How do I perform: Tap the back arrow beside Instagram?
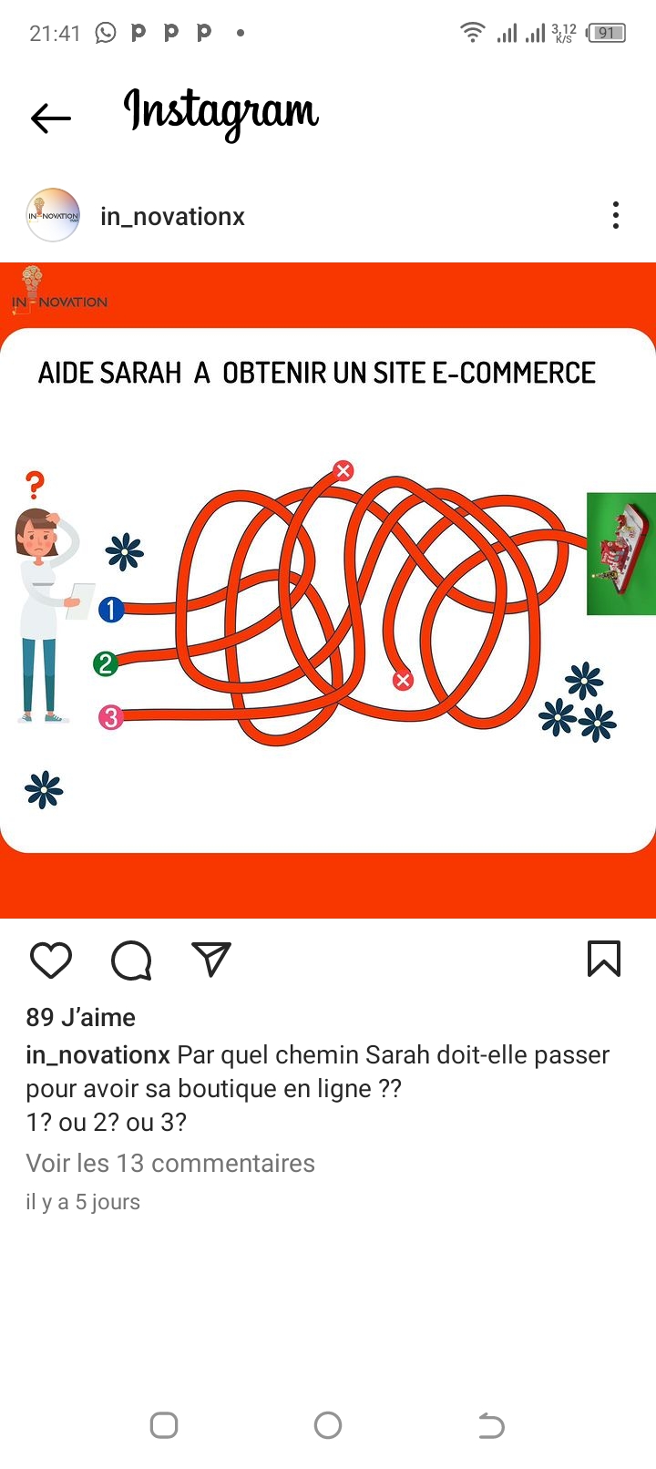pos(50,118)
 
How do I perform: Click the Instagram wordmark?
pos(221,113)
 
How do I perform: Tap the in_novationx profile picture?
pos(53,215)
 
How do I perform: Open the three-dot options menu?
pos(615,215)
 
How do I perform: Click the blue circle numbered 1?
pos(111,610)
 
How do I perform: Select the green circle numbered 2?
pos(106,663)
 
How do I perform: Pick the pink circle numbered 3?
pos(111,717)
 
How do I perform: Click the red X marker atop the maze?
pos(343,470)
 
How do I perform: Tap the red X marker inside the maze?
pos(403,680)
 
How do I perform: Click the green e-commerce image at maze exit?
pos(621,553)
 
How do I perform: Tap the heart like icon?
pos(51,960)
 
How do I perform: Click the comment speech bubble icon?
pos(132,960)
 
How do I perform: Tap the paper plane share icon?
pos(211,960)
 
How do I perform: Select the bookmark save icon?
pos(604,959)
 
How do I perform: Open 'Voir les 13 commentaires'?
pos(170,1164)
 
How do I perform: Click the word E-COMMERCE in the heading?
pos(514,373)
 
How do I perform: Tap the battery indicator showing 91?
pos(606,33)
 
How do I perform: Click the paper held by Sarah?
pos(81,601)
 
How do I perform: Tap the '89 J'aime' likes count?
pos(81,1017)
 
